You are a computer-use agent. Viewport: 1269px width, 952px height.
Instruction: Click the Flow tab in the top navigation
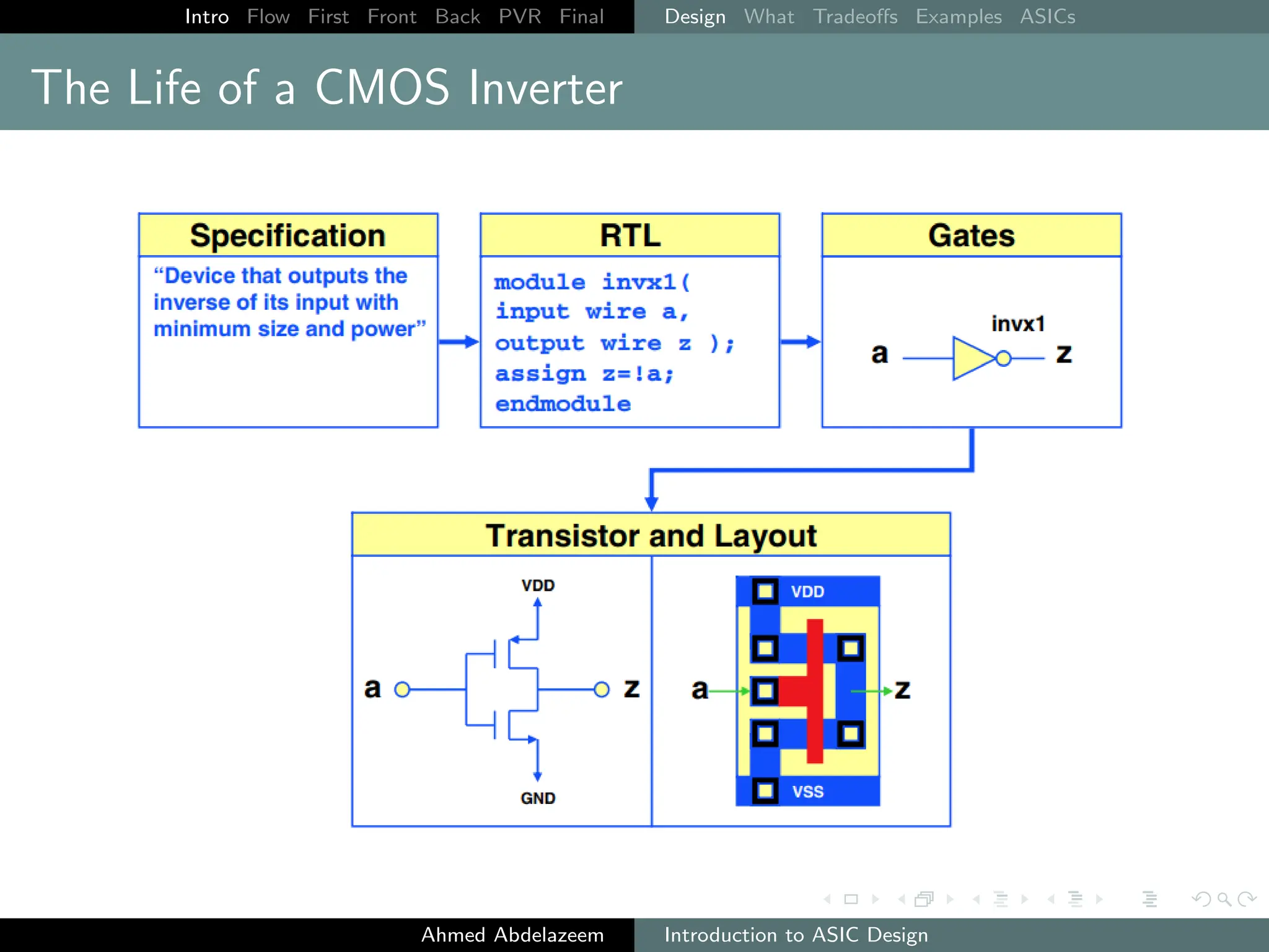(268, 17)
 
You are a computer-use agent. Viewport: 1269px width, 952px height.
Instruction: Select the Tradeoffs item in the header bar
(854, 17)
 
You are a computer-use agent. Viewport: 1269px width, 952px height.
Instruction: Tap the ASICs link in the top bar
(1047, 17)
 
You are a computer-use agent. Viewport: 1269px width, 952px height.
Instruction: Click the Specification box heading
(288, 236)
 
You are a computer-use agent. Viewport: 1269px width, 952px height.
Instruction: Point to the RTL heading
(630, 236)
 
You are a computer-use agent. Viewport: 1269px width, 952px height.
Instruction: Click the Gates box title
(971, 236)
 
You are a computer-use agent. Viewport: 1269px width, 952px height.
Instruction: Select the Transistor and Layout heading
(651, 535)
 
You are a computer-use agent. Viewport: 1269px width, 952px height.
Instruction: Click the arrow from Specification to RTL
(459, 342)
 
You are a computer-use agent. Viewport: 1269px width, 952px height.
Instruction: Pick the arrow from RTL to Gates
(800, 342)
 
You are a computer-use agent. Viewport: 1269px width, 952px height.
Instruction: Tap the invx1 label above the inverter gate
(1017, 324)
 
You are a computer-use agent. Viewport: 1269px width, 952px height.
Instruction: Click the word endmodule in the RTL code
(563, 404)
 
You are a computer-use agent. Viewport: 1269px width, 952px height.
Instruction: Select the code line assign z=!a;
(584, 374)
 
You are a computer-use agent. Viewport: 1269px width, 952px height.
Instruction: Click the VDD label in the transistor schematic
(537, 585)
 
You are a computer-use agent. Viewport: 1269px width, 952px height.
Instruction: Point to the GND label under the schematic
(537, 798)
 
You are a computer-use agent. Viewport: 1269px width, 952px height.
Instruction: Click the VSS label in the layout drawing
(807, 791)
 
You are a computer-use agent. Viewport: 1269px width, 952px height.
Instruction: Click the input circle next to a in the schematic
(402, 689)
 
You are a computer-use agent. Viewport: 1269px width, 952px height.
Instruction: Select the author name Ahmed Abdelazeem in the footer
(512, 935)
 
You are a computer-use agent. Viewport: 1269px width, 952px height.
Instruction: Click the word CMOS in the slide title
(382, 87)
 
